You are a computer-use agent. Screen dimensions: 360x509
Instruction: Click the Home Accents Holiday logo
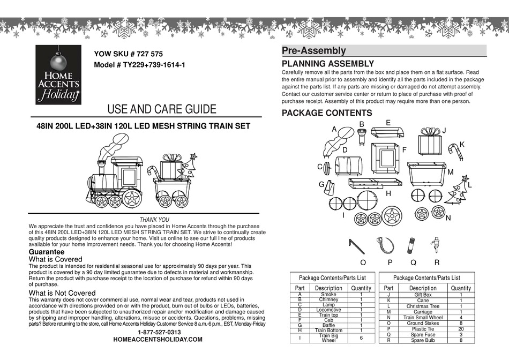(58, 74)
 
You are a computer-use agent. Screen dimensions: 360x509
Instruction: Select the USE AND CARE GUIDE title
(162, 109)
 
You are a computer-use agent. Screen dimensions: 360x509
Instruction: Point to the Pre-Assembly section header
(314, 51)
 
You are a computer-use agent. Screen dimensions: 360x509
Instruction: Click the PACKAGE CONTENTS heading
(326, 113)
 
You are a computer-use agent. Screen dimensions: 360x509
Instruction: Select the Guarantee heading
(46, 252)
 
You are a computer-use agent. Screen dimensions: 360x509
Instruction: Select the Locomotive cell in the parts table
(328, 310)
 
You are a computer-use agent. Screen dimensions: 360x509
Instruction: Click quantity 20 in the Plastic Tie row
(461, 329)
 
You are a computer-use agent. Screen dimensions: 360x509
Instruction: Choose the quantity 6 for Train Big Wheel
(361, 339)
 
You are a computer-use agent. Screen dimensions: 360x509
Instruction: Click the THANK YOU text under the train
(154, 220)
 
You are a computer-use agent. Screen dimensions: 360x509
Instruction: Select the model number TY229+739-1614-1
(139, 65)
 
